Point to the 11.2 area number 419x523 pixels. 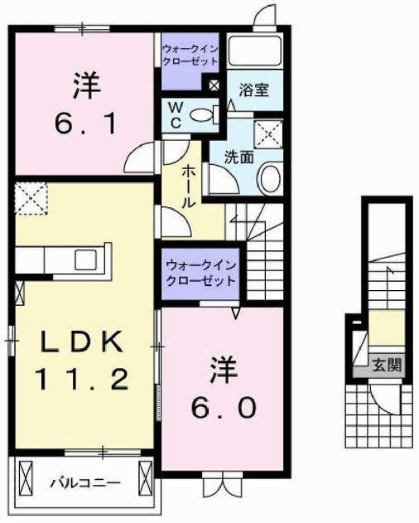click(81, 380)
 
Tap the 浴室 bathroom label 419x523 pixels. click(253, 90)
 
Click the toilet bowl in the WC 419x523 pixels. click(201, 116)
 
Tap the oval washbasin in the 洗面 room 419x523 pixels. click(270, 178)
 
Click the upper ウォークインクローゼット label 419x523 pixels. click(192, 56)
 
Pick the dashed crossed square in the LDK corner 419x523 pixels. click(31, 200)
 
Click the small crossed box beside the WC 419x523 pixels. click(214, 84)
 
